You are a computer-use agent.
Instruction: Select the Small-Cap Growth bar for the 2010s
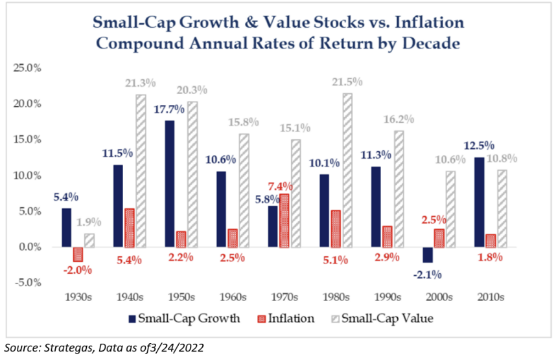pos(477,202)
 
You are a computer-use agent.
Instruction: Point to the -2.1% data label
pos(425,275)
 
